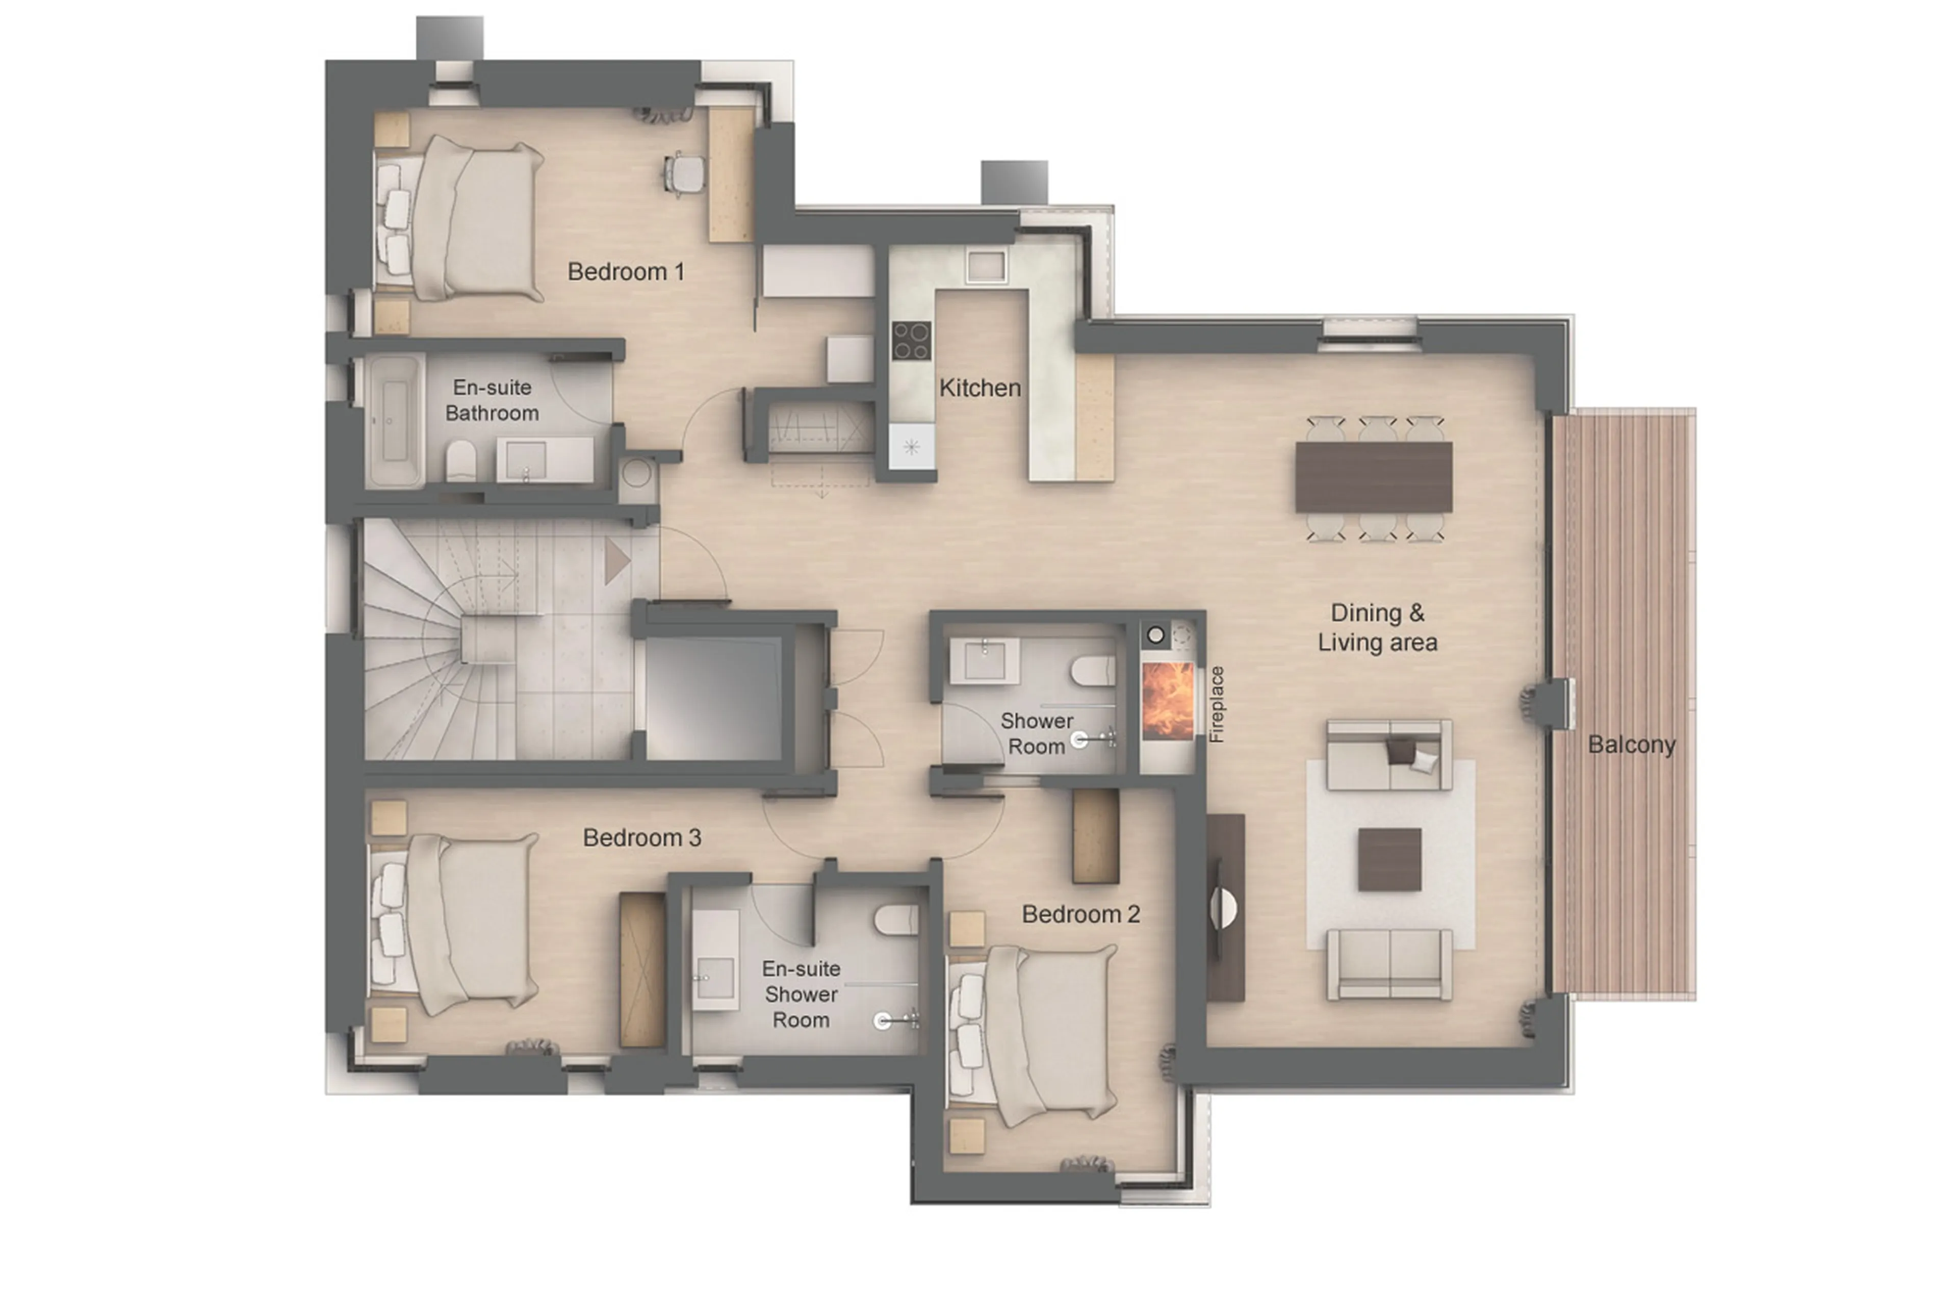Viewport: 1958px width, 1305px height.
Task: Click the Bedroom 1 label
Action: (625, 271)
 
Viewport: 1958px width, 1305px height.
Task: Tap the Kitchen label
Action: (980, 388)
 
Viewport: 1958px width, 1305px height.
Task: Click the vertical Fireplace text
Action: (1217, 704)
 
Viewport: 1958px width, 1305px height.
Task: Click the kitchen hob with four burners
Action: (910, 340)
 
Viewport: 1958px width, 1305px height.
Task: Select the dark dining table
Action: (1373, 477)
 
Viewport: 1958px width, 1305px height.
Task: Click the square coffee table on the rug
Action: (1389, 859)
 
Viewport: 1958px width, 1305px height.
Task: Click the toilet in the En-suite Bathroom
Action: (461, 460)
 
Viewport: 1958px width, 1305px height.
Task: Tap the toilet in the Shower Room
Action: (1092, 671)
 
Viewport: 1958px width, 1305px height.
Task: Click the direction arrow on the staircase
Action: (616, 560)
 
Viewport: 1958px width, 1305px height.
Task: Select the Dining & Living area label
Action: (1377, 628)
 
